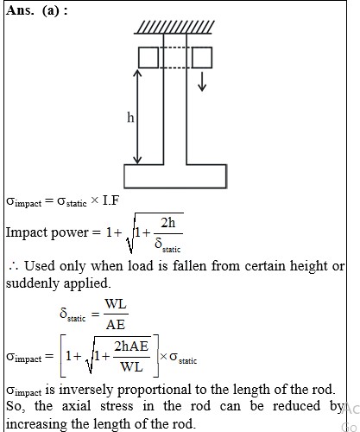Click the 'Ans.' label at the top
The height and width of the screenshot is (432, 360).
(x=19, y=10)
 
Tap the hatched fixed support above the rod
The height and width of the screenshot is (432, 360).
(x=174, y=28)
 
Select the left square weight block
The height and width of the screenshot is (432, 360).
(x=148, y=58)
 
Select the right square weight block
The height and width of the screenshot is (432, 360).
(x=202, y=58)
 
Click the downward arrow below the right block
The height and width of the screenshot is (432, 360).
(x=202, y=82)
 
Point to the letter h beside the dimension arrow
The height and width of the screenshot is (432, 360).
(x=130, y=118)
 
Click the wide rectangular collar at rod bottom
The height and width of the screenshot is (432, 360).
(x=175, y=176)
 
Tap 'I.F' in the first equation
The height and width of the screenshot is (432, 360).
(x=111, y=200)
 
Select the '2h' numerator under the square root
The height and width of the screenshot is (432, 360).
(x=167, y=223)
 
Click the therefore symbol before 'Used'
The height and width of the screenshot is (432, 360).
(x=14, y=267)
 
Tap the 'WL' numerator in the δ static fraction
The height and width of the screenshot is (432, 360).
(x=116, y=304)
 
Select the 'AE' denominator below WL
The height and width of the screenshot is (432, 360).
(x=116, y=325)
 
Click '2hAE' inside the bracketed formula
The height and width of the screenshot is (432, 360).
(x=131, y=346)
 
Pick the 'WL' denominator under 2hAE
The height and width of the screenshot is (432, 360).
(x=131, y=367)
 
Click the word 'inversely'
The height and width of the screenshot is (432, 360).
(x=85, y=391)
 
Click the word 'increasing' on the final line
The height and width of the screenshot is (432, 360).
(x=37, y=424)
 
